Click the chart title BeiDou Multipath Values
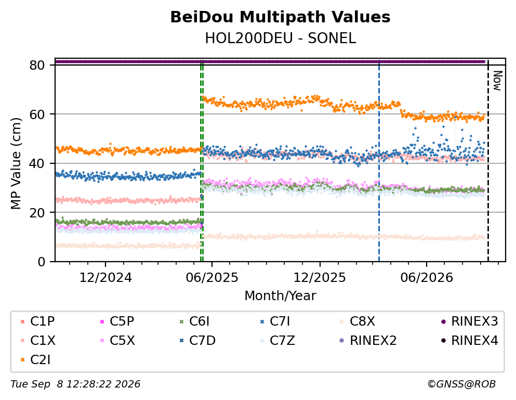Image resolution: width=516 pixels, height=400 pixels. click(280, 17)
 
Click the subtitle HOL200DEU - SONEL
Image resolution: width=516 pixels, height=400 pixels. click(281, 38)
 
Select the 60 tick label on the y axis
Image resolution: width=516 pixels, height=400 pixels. click(37, 114)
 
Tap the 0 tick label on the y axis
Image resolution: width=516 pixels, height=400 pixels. click(42, 262)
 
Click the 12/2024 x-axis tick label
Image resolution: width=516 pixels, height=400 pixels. click(105, 278)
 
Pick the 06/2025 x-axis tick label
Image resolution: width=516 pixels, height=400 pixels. click(212, 278)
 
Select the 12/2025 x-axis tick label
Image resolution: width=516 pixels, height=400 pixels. click(320, 278)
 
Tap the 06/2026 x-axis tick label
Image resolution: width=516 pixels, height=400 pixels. click(427, 278)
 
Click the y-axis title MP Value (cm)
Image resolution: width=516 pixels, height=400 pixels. click(16, 163)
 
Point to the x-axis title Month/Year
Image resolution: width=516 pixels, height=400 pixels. click(280, 295)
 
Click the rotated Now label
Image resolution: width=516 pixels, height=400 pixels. click(497, 81)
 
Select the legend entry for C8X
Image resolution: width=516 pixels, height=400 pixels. click(357, 321)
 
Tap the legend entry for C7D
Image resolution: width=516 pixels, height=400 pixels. click(197, 340)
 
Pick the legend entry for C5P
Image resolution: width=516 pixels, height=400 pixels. click(117, 321)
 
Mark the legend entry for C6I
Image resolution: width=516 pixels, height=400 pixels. click(194, 321)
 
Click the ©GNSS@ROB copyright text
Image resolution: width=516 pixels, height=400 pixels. click(461, 384)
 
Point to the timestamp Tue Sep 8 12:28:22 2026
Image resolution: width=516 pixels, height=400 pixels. click(75, 384)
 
